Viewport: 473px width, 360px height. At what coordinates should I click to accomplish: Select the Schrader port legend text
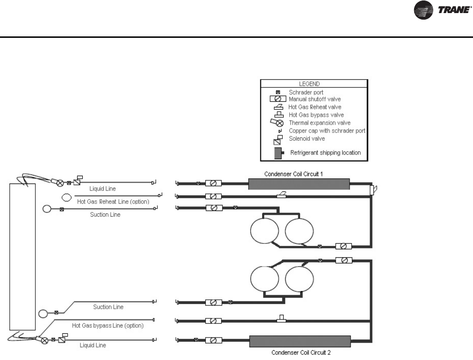[306, 92]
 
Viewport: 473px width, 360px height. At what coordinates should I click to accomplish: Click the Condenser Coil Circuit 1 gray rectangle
[299, 184]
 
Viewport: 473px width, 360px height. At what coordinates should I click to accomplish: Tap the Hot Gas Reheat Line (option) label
[113, 202]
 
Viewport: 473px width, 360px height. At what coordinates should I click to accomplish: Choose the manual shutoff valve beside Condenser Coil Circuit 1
[214, 184]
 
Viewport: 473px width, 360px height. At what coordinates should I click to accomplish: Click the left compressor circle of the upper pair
[264, 231]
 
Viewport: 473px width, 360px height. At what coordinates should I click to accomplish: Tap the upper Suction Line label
[105, 215]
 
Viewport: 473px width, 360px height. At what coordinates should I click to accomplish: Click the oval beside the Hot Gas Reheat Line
[67, 198]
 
